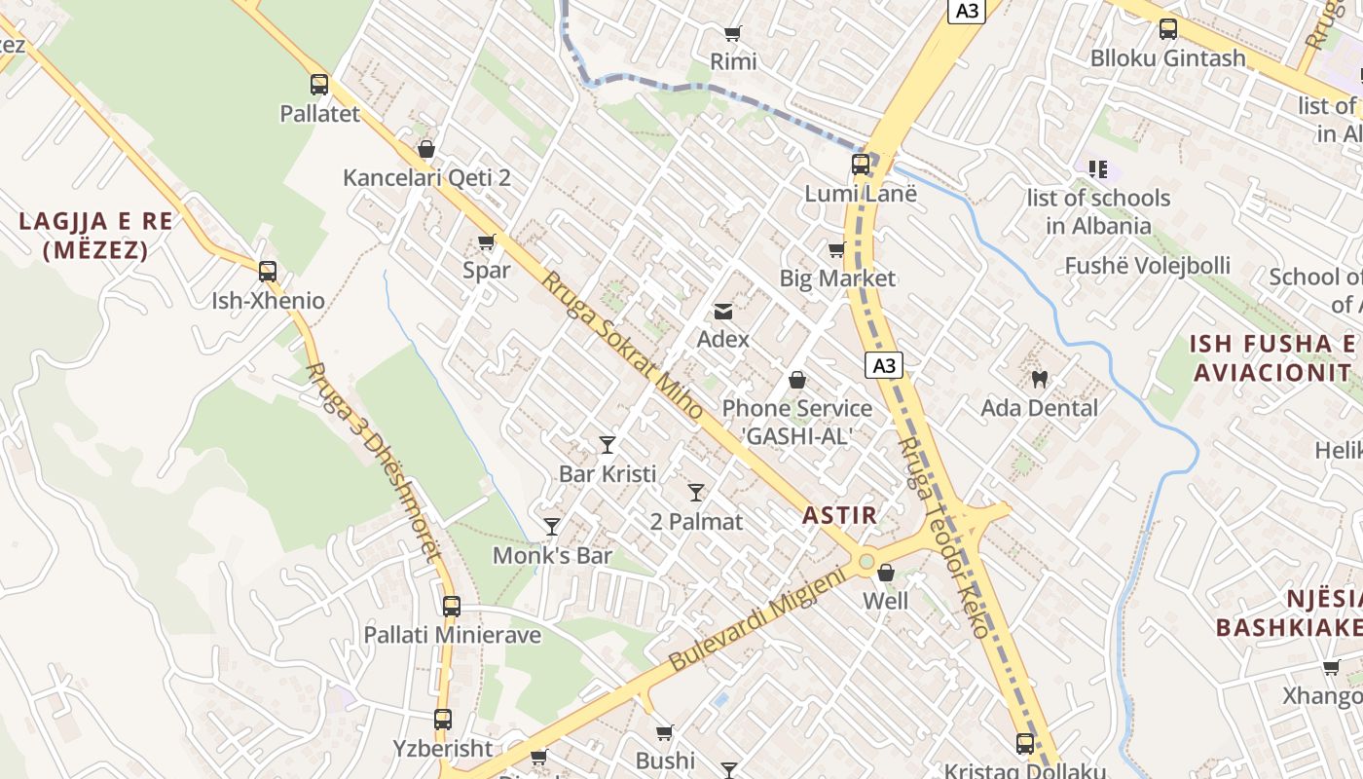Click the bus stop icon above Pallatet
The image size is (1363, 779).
click(x=319, y=85)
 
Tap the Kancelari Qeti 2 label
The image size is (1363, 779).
click(x=426, y=178)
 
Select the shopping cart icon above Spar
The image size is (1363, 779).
click(x=486, y=242)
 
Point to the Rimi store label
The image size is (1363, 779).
click(x=733, y=62)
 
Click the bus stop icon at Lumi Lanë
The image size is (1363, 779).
click(x=861, y=165)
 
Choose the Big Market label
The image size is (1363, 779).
click(x=837, y=278)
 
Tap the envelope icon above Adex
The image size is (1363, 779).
click(x=723, y=312)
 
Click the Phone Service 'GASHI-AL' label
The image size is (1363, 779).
click(x=797, y=422)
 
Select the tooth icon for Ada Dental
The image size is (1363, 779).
click(x=1039, y=379)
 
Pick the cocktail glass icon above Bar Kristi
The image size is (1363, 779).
click(x=608, y=445)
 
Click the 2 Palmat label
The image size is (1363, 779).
click(x=696, y=522)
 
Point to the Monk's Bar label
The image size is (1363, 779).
click(x=552, y=556)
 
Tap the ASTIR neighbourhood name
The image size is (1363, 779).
click(x=840, y=516)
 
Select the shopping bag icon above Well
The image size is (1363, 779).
click(x=886, y=573)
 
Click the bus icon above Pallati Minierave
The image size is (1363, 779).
click(x=451, y=607)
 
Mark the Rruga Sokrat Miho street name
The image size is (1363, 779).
click(x=622, y=347)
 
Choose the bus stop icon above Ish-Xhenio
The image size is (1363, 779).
click(x=268, y=272)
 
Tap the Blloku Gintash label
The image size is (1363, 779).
click(x=1167, y=58)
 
